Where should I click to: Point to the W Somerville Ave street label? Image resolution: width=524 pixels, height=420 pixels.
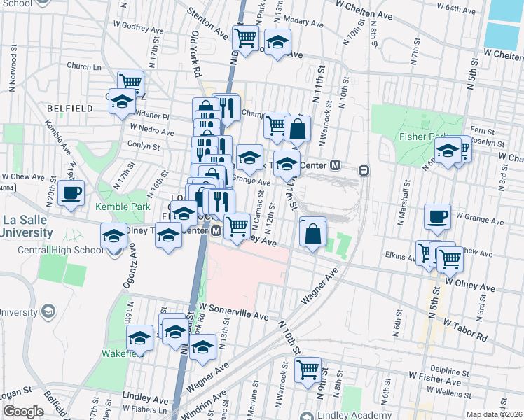click(234, 311)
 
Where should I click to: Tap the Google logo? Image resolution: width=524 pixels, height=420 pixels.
click(23, 412)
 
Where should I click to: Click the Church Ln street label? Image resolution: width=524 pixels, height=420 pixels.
click(84, 67)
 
